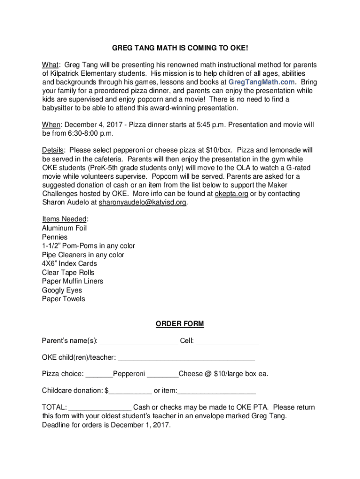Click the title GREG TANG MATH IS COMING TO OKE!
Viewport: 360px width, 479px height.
180,48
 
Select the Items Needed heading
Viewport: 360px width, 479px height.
65,219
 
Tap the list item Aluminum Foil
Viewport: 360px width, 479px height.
65,228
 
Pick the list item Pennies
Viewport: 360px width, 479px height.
55,237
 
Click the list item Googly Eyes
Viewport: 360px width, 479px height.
62,290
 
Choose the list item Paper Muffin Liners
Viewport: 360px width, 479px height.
72,281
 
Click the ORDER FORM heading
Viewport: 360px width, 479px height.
180,324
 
